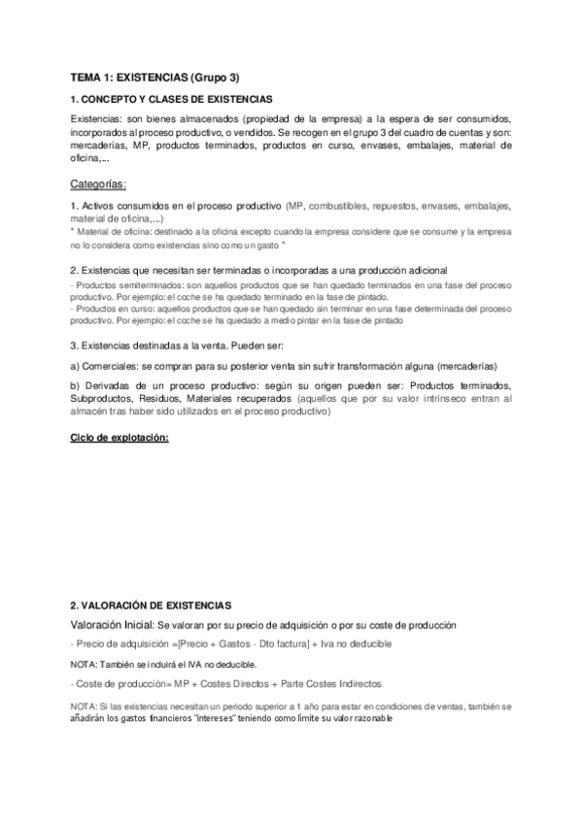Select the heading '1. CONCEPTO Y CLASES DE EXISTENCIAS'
coord(171,100)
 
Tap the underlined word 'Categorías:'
coord(99,184)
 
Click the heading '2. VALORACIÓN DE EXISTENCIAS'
coord(151,605)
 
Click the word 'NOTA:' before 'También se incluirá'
coord(85,664)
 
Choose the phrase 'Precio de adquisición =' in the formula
coord(130,643)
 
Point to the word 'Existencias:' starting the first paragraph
coord(98,118)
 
